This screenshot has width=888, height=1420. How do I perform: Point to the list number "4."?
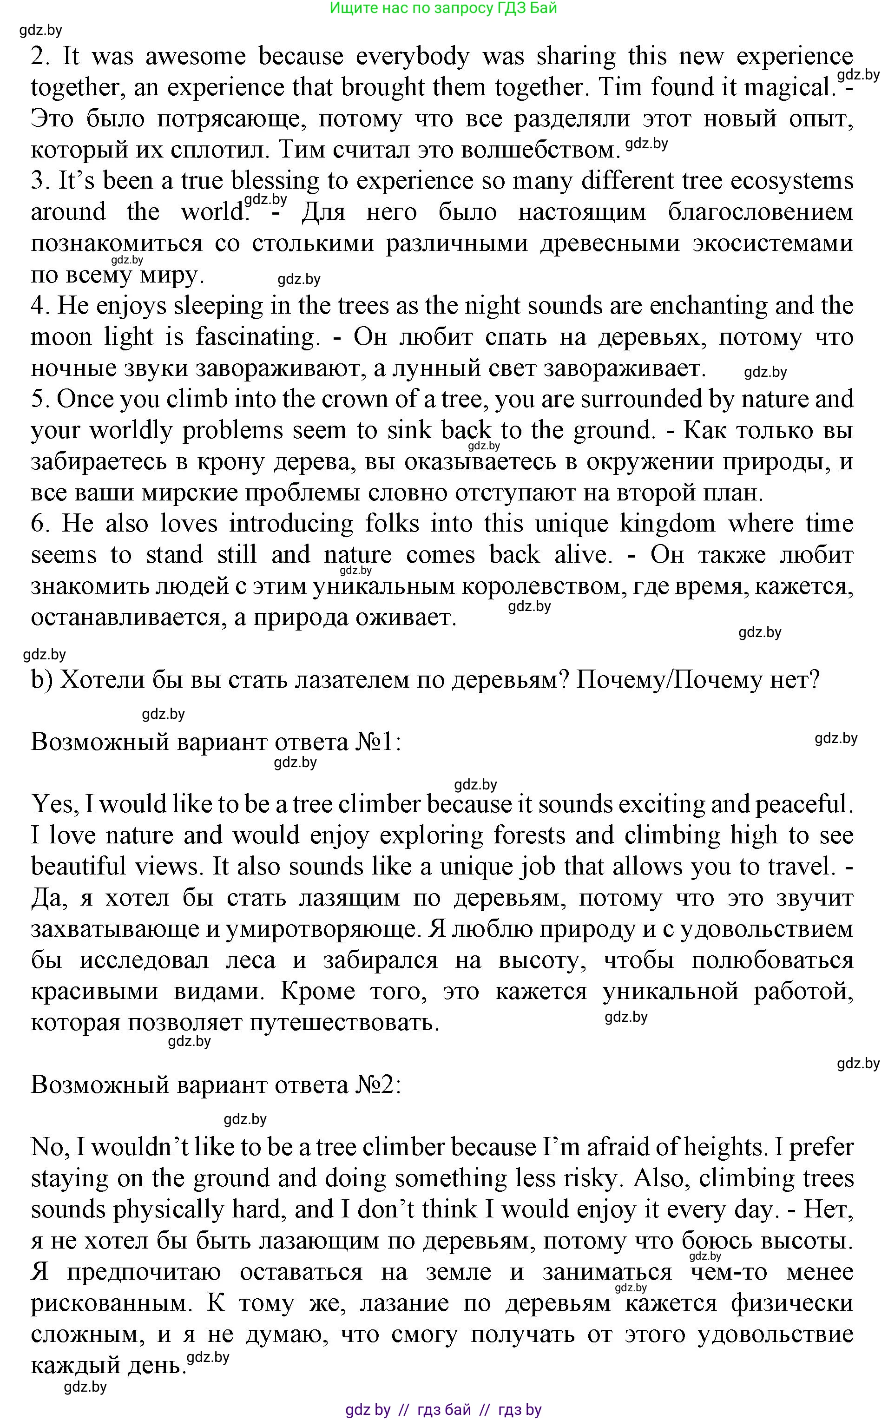click(x=40, y=306)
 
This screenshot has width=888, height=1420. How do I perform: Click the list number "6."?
click(x=41, y=524)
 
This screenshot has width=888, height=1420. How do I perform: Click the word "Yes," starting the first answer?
click(x=55, y=804)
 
